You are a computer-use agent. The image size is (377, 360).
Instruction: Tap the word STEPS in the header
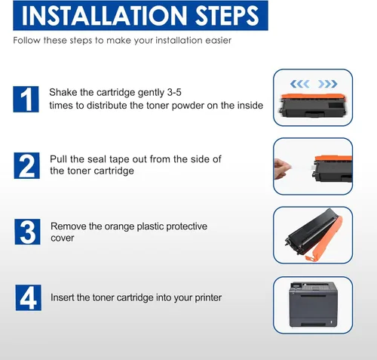pos(227,16)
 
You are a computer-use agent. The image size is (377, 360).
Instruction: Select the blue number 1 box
pos(26,99)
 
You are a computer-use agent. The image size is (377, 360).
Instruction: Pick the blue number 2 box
pos(26,165)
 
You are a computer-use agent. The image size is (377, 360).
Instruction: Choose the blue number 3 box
pos(27,232)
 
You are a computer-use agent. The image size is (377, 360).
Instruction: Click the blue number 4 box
pos(29,297)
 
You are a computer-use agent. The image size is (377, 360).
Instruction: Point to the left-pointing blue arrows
pos(299,84)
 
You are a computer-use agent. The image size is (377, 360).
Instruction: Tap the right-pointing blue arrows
pos(328,84)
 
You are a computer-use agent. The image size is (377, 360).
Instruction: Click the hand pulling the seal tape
pos(282,169)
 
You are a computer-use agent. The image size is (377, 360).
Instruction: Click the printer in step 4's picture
pos(313,305)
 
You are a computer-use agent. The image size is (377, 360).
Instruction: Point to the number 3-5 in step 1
pos(174,92)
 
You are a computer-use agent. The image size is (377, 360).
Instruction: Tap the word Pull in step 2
pos(59,159)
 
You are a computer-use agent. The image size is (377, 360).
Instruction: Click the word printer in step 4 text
pos(208,298)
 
